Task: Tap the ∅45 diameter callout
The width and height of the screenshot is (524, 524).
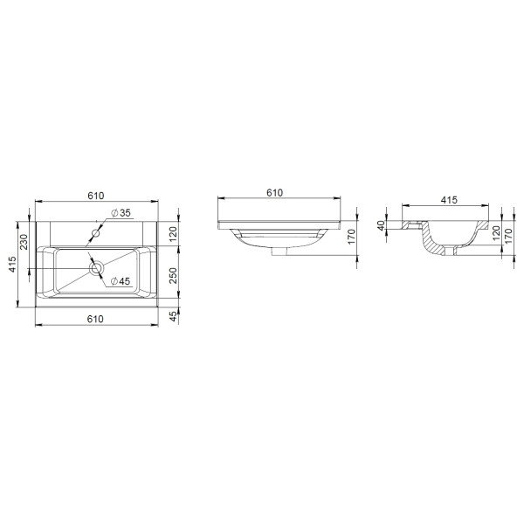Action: click(120, 280)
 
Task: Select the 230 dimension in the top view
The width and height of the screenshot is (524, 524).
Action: click(25, 240)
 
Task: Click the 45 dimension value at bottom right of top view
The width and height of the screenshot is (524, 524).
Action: click(173, 316)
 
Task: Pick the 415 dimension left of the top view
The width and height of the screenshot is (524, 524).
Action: click(12, 265)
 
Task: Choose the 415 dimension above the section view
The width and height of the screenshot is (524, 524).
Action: click(449, 200)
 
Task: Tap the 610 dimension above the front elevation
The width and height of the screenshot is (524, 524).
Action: click(273, 194)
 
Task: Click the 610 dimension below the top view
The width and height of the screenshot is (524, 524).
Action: click(95, 319)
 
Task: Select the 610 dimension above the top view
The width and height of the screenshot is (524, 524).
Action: click(95, 197)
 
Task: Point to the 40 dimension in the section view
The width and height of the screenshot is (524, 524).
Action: click(382, 225)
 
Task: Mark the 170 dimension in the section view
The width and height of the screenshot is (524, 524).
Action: click(507, 238)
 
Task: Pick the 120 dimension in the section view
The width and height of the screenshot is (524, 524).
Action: click(495, 231)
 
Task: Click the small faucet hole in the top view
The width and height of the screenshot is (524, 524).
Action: click(97, 234)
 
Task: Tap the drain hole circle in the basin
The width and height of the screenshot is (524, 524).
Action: click(96, 265)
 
